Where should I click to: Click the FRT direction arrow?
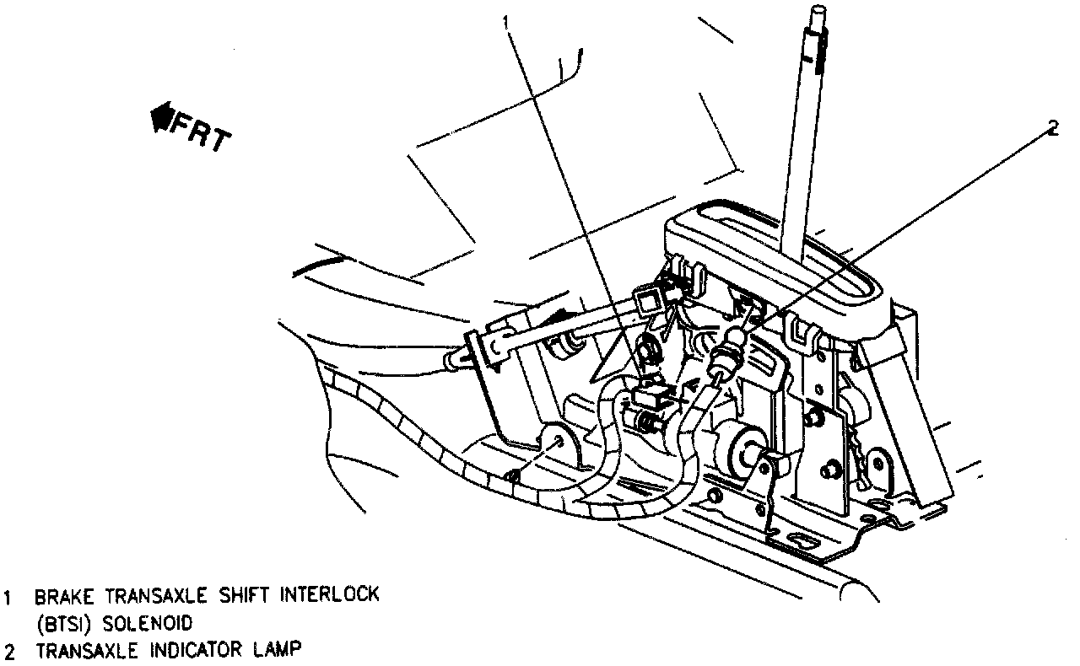pyautogui.click(x=160, y=118)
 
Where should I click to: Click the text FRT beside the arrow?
pyautogui.click(x=200, y=132)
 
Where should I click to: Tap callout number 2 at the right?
pyautogui.click(x=1051, y=128)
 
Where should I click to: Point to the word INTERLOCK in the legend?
pyautogui.click(x=332, y=595)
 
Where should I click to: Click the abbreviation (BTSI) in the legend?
pyautogui.click(x=59, y=624)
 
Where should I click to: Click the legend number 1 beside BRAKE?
pyautogui.click(x=8, y=597)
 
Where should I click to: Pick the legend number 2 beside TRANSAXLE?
pyautogui.click(x=8, y=652)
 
